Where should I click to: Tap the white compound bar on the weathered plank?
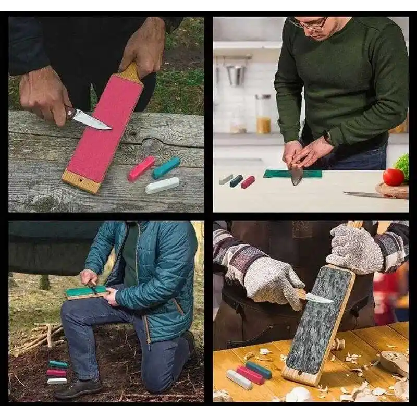[162, 185]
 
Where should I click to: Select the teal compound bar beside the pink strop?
[166, 168]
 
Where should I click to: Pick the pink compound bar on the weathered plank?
[141, 169]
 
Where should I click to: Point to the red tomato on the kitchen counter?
[393, 177]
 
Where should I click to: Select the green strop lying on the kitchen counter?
[292, 174]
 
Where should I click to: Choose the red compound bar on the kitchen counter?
[248, 182]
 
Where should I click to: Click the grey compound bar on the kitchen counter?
[226, 179]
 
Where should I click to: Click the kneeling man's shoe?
[78, 388]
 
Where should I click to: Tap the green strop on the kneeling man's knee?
[86, 292]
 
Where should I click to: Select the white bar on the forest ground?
[57, 381]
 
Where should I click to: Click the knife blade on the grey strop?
[319, 298]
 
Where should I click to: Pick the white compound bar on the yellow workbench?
[239, 379]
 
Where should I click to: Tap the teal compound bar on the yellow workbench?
[259, 370]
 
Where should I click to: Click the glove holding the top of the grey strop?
[354, 249]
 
